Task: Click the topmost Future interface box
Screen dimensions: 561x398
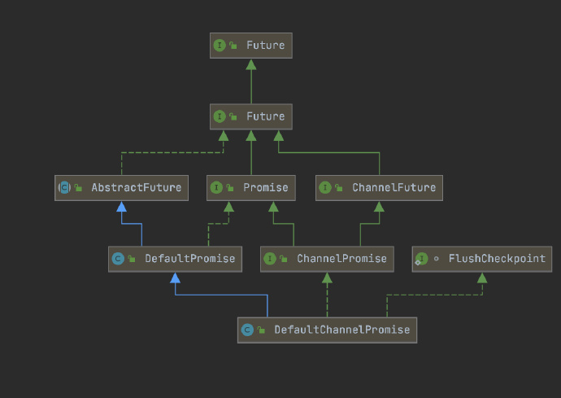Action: coord(250,46)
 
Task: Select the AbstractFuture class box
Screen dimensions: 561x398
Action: coord(121,188)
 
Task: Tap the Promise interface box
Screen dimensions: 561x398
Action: coord(250,188)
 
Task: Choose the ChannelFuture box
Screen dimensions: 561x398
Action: coord(379,188)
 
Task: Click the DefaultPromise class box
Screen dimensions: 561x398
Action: coord(175,259)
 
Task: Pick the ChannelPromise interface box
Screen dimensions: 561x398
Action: coord(327,259)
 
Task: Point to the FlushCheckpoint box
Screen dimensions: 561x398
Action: coord(481,259)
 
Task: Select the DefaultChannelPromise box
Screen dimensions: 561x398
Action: coord(327,330)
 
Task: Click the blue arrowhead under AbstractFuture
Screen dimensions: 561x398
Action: coord(122,207)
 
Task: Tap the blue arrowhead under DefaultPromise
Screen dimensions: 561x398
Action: coord(175,278)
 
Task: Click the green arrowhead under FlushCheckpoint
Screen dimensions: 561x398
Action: coord(482,278)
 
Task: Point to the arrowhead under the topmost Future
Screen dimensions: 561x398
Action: coord(251,64)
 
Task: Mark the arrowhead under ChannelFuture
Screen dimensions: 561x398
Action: coord(379,207)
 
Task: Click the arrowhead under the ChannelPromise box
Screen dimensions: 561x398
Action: coord(327,278)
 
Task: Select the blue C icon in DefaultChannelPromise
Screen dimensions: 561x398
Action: coord(247,330)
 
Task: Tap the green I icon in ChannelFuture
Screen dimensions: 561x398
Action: coord(325,188)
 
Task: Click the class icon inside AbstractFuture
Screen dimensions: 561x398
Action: coord(64,188)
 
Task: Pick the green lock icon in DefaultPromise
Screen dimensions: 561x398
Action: coord(132,259)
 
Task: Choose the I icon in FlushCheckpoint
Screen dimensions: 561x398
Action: coord(421,259)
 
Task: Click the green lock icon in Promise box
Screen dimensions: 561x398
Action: coord(230,188)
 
